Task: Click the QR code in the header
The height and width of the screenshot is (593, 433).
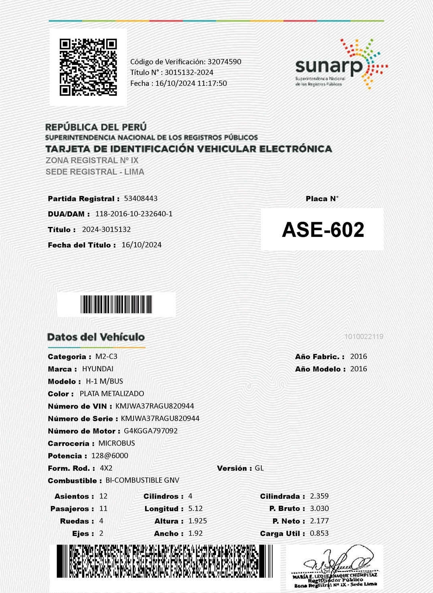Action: [88, 67]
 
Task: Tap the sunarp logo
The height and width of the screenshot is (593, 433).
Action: [341, 65]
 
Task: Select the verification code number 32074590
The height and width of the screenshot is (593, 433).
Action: [224, 62]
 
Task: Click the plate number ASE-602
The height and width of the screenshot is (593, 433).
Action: [323, 230]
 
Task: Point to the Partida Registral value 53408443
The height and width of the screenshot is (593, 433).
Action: [141, 198]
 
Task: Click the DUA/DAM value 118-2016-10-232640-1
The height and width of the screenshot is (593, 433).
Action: [134, 214]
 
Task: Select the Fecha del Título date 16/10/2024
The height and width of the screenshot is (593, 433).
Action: [142, 245]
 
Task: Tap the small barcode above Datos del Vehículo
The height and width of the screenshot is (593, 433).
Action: [116, 304]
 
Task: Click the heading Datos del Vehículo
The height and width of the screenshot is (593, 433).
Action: [96, 337]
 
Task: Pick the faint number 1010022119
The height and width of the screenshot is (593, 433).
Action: [364, 336]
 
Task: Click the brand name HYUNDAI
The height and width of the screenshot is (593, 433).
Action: [98, 369]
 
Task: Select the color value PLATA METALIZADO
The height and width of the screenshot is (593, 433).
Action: [112, 394]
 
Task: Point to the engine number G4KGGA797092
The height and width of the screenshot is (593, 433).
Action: [151, 431]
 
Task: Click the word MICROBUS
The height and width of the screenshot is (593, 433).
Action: [117, 443]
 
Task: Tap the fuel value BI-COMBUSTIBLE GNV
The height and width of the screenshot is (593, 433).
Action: [142, 480]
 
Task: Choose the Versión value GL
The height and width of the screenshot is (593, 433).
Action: [259, 468]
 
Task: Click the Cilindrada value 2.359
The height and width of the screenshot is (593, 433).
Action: [319, 496]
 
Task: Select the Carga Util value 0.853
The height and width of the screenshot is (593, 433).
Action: [319, 534]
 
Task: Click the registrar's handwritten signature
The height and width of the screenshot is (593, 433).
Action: [337, 561]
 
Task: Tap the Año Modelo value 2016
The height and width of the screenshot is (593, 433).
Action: [358, 369]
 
